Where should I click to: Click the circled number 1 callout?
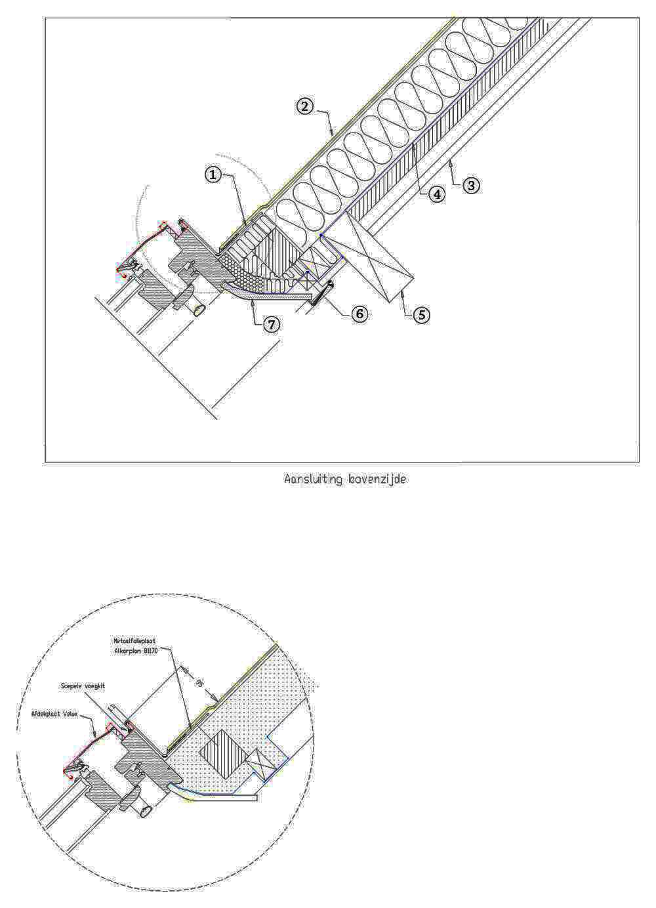click(x=212, y=175)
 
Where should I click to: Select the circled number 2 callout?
click(x=304, y=106)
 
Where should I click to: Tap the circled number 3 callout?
click(x=471, y=185)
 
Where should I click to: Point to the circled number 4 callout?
click(x=436, y=194)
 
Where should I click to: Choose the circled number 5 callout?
click(x=421, y=315)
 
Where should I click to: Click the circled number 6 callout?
click(x=359, y=314)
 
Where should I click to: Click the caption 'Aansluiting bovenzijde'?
click(x=345, y=480)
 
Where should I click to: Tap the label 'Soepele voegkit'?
click(x=83, y=685)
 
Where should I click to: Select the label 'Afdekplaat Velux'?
click(x=54, y=713)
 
